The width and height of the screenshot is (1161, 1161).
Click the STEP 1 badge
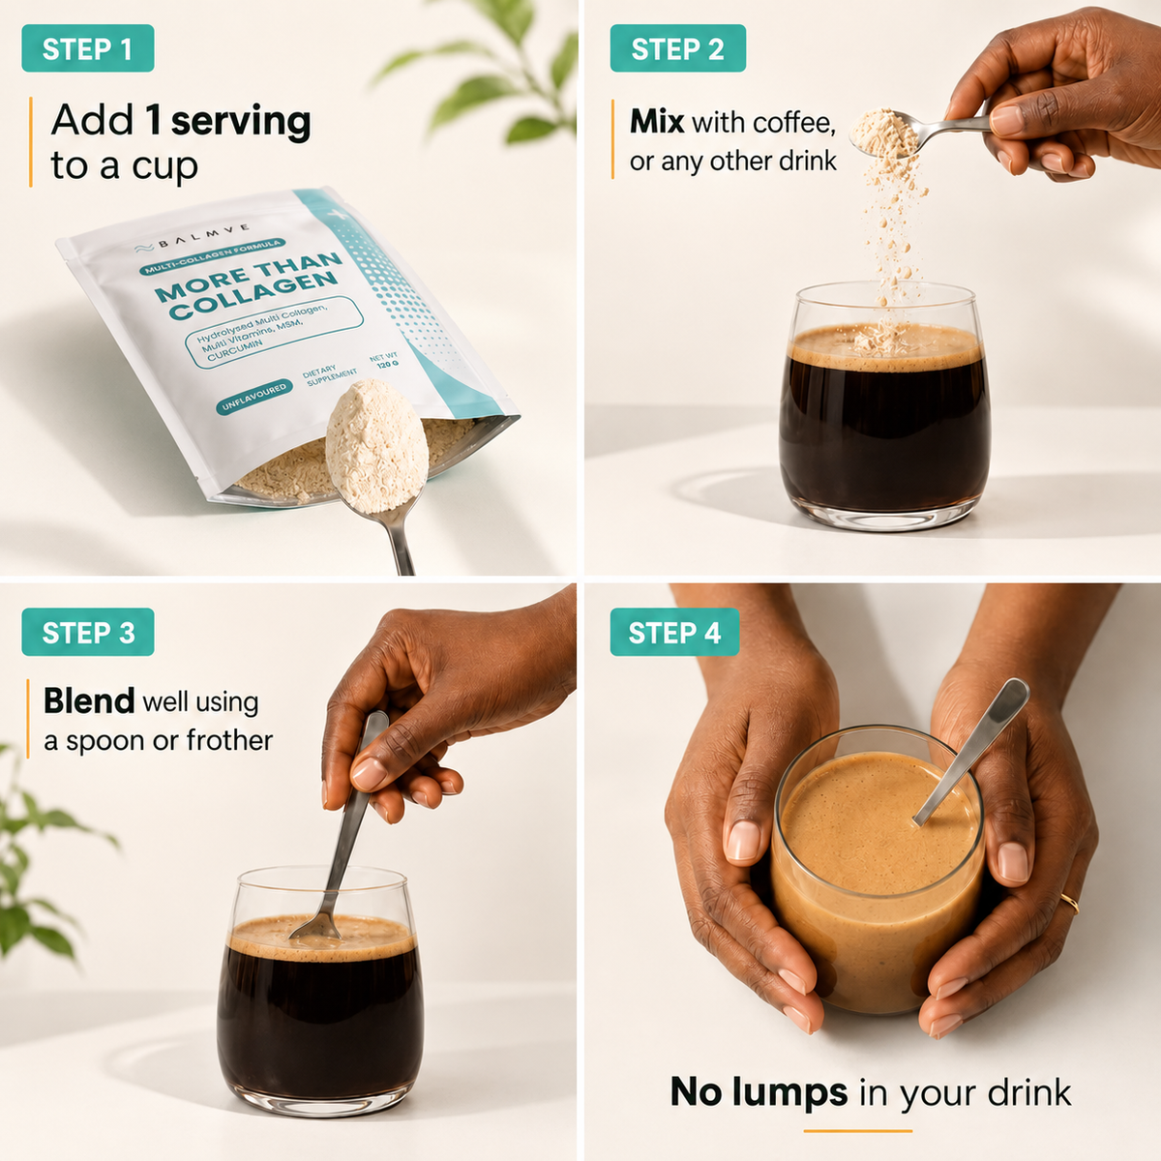point(88,48)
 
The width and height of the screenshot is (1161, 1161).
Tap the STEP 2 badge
point(678,48)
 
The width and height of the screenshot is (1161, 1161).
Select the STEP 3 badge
point(88,632)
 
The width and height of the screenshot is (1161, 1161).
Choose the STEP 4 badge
point(674,632)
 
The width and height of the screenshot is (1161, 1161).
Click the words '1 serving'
point(228,121)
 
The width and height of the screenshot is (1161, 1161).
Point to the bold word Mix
point(657,122)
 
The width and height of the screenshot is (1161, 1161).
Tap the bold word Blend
point(89,700)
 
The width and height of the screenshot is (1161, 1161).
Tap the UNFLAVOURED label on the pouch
point(254,397)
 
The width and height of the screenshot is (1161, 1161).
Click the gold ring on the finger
point(1070,903)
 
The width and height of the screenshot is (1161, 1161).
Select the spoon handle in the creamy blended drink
point(971,752)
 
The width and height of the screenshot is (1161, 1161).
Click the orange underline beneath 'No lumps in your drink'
point(858,1131)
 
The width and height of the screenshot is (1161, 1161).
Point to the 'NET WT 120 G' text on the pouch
point(384,361)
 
